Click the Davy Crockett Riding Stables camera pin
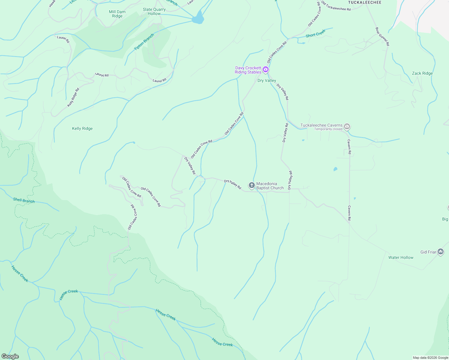coord(266,70)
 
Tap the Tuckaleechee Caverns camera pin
coord(347,127)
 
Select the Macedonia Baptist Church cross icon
coord(252,185)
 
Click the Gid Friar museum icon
coord(441,252)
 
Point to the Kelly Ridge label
coord(82,128)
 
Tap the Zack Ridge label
coord(422,73)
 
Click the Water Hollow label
coord(401,257)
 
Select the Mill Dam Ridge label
coord(117,14)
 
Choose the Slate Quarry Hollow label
coord(154,11)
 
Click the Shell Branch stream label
coord(24,200)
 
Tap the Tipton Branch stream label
coord(144,42)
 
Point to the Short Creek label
coord(315,33)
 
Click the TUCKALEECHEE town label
coord(365,2)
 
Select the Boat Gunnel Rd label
coord(382,36)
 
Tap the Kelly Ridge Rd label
coord(73,97)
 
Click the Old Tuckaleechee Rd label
coord(336,6)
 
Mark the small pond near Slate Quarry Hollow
coord(198,18)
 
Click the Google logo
coord(10,356)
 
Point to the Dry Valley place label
coord(267,80)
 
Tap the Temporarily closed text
coord(328,129)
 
